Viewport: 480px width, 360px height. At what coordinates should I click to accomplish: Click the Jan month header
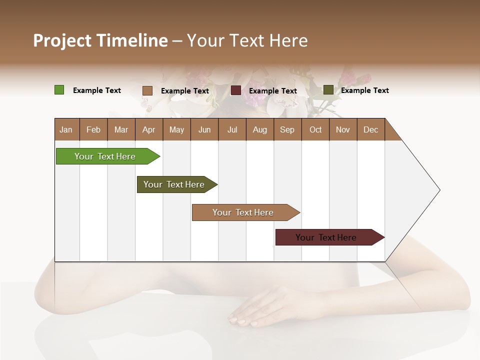(66, 129)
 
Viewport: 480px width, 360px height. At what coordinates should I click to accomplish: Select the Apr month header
(148, 129)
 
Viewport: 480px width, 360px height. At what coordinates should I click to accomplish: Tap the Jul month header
(232, 129)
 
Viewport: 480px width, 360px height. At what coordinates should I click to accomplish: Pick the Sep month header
(287, 129)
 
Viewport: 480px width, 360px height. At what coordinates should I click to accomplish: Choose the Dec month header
(370, 129)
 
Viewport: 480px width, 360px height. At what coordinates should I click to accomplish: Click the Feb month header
(93, 129)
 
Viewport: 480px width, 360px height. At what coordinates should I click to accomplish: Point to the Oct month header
(315, 129)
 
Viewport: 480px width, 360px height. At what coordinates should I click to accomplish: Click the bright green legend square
(59, 90)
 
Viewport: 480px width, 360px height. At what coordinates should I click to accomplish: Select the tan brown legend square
(147, 90)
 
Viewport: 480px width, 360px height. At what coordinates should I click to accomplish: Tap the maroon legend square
(236, 90)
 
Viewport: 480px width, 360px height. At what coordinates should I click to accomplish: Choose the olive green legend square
(328, 90)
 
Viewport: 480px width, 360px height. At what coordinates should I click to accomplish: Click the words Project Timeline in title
(100, 40)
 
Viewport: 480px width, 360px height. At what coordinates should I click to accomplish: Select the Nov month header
(343, 129)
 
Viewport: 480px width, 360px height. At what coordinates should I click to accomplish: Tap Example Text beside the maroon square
(272, 91)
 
